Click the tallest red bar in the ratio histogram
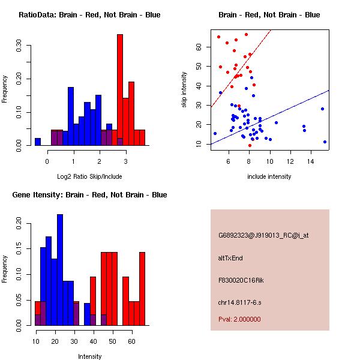tap(119, 90)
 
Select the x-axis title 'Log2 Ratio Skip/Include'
tap(89, 176)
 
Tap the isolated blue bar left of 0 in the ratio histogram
tap(38, 142)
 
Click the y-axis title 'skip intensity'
tap(185, 89)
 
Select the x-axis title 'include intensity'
tap(269, 176)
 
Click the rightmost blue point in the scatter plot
tap(325, 142)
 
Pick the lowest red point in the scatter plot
tap(250, 145)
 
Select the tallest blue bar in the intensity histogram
tap(60, 270)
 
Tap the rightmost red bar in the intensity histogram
tap(142, 289)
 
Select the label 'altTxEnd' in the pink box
tap(230, 258)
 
